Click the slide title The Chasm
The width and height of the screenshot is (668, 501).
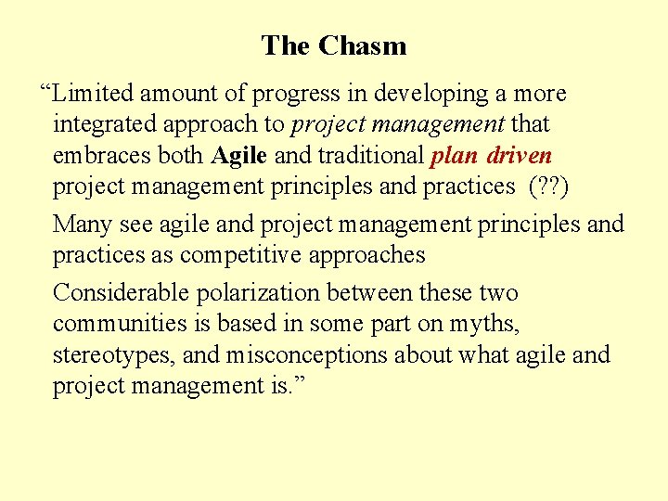333,45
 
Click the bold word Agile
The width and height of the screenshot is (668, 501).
239,155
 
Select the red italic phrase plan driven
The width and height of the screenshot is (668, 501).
492,155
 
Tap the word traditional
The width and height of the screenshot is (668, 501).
369,155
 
